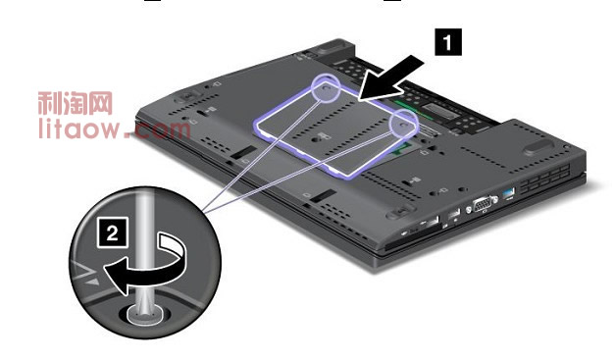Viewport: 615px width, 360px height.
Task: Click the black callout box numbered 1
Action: coord(448,41)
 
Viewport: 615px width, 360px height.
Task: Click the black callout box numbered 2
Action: coord(113,232)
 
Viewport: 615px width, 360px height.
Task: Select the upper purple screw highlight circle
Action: coord(326,88)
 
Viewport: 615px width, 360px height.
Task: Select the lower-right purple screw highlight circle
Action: coord(403,124)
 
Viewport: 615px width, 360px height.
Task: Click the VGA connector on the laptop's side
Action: coord(484,205)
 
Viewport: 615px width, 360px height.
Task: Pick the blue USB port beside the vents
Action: coord(509,193)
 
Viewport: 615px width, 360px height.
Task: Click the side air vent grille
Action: coord(545,179)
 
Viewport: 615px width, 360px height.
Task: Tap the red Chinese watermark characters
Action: coord(76,104)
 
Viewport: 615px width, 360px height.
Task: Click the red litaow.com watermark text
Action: coord(114,129)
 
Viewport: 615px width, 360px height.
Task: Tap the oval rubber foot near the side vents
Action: coord(538,147)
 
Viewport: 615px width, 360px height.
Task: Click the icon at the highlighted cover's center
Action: coord(319,137)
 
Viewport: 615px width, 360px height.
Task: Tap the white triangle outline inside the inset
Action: coord(83,271)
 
